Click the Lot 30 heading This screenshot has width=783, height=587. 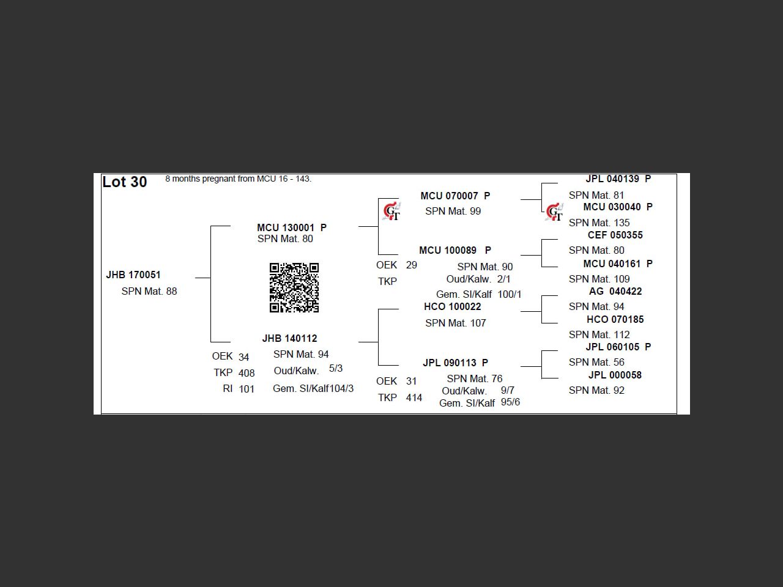pyautogui.click(x=125, y=182)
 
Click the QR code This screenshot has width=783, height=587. pyautogui.click(x=294, y=287)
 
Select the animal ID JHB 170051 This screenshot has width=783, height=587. pyautogui.click(x=133, y=275)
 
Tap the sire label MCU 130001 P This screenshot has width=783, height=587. pyautogui.click(x=292, y=227)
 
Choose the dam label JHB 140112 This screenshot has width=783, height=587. pyautogui.click(x=290, y=338)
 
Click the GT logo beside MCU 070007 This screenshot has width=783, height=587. pyautogui.click(x=391, y=212)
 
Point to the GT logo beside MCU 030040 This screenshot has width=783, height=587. pyautogui.click(x=554, y=212)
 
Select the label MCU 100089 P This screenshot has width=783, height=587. pyautogui.click(x=455, y=250)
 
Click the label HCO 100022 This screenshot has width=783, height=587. pyautogui.click(x=452, y=306)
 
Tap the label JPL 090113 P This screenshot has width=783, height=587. pyautogui.click(x=456, y=363)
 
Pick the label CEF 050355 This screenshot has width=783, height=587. pyautogui.click(x=615, y=235)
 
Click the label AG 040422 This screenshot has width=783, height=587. pyautogui.click(x=615, y=292)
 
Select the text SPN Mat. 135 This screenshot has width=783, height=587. pyautogui.click(x=599, y=223)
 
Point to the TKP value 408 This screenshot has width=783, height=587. pyautogui.click(x=247, y=373)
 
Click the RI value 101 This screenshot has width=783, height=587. pyautogui.click(x=247, y=389)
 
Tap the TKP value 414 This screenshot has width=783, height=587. pyautogui.click(x=414, y=397)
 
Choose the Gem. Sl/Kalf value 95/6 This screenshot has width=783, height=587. pyautogui.click(x=510, y=402)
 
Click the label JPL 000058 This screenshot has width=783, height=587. pyautogui.click(x=615, y=375)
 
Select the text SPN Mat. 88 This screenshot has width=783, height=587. pyautogui.click(x=149, y=292)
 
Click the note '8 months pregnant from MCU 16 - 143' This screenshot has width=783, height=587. pyautogui.click(x=239, y=179)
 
